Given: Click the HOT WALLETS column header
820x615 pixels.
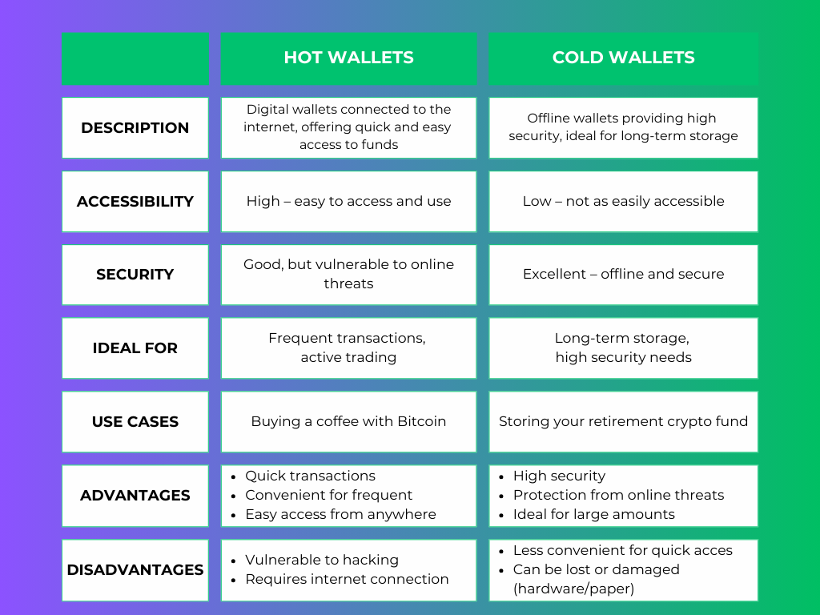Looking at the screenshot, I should tap(348, 58).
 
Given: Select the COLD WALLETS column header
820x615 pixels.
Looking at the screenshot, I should tap(623, 58).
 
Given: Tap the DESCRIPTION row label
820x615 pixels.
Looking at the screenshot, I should tap(135, 127).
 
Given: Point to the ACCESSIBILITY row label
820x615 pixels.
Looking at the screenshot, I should tap(135, 201).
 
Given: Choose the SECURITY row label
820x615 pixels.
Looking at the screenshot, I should tap(135, 274).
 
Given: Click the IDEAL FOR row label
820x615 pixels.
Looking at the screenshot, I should tap(135, 348).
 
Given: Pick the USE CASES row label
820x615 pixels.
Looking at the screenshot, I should tap(135, 421).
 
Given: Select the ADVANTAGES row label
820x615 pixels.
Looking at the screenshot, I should tap(135, 495).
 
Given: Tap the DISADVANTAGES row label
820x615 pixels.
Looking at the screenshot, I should tap(135, 569).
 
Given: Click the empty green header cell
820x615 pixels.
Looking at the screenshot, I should tap(135, 58).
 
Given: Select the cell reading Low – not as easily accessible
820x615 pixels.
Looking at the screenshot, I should tap(623, 201).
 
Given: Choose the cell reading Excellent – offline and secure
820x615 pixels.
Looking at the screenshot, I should tap(623, 274).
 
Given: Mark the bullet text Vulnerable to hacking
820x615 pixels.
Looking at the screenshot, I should tap(322, 560).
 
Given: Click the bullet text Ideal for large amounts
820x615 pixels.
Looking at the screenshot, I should tap(593, 514).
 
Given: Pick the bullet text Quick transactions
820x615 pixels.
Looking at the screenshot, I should tap(310, 476).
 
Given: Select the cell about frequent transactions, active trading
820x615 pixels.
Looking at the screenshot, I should tap(348, 348).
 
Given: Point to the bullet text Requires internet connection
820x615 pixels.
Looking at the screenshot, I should tap(347, 579).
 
